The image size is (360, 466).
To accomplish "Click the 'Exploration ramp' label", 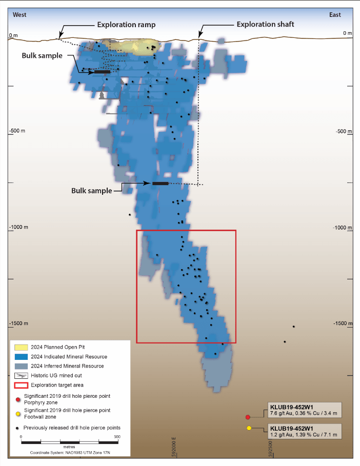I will [126, 25].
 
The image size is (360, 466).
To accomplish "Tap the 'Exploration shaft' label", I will [265, 24].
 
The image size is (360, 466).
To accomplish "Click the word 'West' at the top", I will [19, 15].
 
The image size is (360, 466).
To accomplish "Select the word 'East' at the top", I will [335, 15].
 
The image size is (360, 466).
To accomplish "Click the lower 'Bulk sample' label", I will [91, 190].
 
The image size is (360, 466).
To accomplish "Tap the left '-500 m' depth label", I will [17, 131].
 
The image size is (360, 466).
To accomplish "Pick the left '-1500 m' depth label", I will [18, 323].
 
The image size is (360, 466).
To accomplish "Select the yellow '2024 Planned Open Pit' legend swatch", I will [20, 347].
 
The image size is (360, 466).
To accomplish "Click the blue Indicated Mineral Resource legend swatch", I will [20, 357].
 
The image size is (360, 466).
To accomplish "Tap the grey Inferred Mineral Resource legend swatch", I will [20, 366].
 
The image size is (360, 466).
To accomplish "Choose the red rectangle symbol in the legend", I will [20, 384].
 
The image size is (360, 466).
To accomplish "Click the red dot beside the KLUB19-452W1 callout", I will [248, 417].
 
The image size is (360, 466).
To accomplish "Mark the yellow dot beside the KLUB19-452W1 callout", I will [249, 428].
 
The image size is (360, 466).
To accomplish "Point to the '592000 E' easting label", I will [174, 447].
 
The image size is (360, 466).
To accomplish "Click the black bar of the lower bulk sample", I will [160, 184].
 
